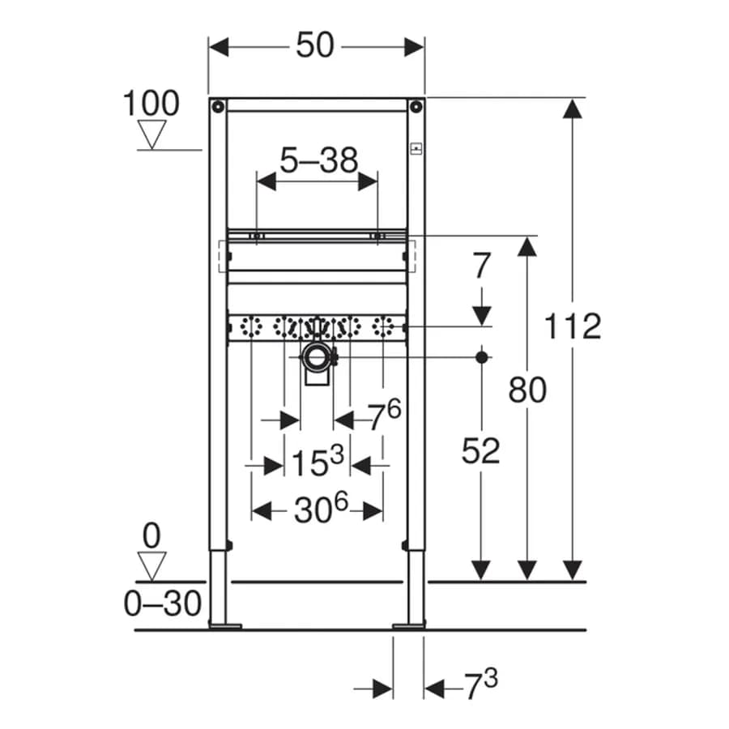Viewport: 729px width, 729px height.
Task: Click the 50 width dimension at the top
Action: [315, 45]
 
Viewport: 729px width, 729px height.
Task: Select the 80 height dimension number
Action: [527, 390]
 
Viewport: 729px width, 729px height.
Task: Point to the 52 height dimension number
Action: [480, 450]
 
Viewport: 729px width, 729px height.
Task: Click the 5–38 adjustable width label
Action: [319, 160]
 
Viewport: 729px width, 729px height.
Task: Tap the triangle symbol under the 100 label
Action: [152, 134]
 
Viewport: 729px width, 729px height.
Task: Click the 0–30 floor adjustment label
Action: [162, 603]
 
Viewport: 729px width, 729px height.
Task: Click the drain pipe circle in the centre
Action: [318, 357]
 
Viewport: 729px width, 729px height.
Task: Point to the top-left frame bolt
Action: [218, 107]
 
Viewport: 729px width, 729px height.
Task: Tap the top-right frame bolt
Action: [416, 107]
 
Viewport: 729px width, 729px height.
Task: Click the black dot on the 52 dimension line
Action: [482, 357]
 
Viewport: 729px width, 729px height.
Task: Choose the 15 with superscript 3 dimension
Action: [318, 461]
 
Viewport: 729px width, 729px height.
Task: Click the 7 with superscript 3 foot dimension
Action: [481, 684]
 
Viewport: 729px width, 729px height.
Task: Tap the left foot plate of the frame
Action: [225, 626]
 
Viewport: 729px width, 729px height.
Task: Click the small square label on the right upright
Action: [416, 149]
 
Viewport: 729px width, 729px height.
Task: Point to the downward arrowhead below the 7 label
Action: [482, 315]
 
